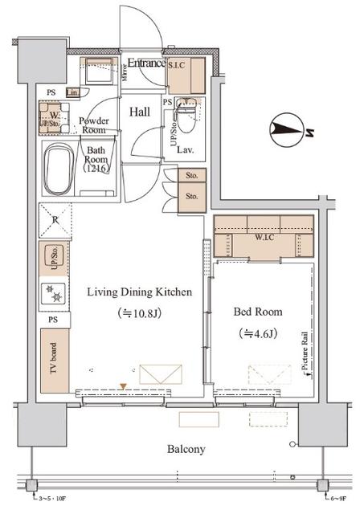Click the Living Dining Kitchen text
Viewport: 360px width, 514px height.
[139, 292]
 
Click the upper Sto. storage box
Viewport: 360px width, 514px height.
[191, 176]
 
